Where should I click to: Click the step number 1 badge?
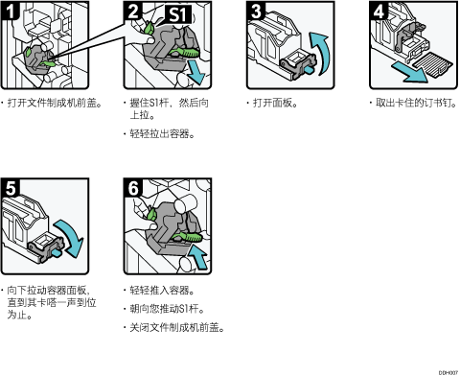click(x=10, y=11)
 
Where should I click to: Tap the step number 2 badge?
click(x=133, y=11)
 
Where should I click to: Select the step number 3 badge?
click(x=256, y=11)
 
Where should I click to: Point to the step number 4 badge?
click(x=379, y=11)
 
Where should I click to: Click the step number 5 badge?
click(x=10, y=188)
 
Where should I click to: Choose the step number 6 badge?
click(x=133, y=188)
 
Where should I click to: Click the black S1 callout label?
click(x=177, y=14)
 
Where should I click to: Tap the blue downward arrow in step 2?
click(x=195, y=73)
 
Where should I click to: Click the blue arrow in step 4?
click(x=410, y=72)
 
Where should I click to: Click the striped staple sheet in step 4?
click(x=433, y=64)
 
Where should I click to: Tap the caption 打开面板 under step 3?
click(x=275, y=103)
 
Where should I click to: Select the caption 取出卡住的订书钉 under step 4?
click(x=416, y=103)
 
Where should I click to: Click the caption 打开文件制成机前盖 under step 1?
click(x=55, y=103)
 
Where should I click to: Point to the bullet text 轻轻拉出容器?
click(x=162, y=133)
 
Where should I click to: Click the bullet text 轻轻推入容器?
click(x=162, y=291)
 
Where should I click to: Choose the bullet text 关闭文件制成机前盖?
click(x=177, y=328)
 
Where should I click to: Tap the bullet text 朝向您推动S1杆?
click(x=167, y=309)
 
